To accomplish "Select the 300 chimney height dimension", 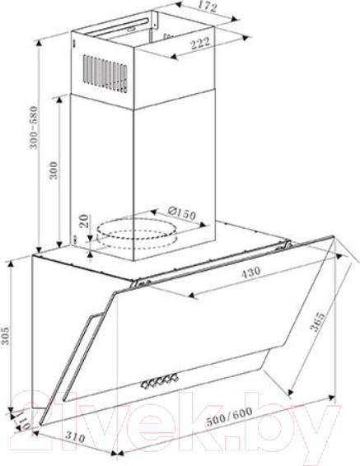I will tap(53, 171).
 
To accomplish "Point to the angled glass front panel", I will tap(198, 329).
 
